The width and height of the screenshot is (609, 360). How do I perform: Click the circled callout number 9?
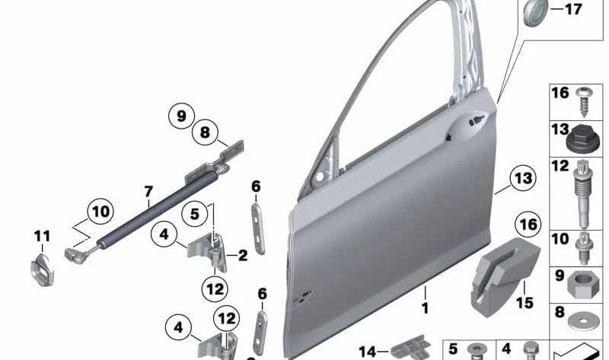point(181,116)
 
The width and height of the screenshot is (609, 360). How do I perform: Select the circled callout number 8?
point(205,132)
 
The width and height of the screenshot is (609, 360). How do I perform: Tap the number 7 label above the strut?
point(148,192)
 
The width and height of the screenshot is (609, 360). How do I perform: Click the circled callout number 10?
point(100,212)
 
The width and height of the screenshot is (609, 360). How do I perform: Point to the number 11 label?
point(42,236)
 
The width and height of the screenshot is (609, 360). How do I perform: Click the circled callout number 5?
point(195,214)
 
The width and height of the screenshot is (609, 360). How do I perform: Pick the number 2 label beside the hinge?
point(243,256)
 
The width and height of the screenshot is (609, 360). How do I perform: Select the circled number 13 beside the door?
point(523,178)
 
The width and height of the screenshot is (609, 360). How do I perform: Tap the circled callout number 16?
point(528,224)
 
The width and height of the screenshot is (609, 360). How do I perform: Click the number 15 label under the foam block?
point(525,302)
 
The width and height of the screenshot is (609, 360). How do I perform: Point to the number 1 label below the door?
point(426,308)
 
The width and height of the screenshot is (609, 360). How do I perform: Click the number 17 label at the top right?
point(573,9)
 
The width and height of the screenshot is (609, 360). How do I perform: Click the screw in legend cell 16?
point(582,102)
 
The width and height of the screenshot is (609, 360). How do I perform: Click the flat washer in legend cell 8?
point(580,320)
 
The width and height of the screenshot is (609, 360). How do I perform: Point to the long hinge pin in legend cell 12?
point(582,195)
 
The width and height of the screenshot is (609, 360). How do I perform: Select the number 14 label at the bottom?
point(368,352)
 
